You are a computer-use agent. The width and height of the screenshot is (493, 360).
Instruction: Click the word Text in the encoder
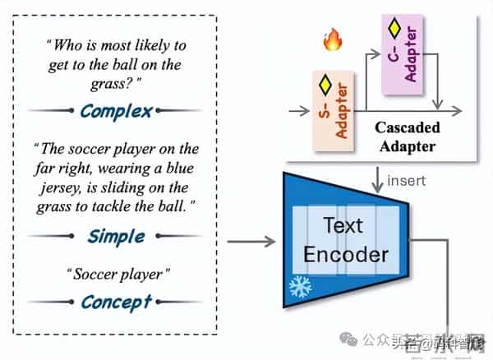coord(343,226)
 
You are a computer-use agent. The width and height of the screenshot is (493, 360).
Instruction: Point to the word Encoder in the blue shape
coord(346,253)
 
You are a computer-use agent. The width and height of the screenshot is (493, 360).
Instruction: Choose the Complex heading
coord(117,111)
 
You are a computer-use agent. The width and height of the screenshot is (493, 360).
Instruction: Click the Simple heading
coord(117,237)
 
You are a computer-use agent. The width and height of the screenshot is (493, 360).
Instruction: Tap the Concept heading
coord(116,302)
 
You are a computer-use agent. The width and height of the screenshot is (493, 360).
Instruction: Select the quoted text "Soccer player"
coord(115,271)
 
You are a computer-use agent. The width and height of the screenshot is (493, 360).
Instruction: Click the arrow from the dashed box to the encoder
coord(250,242)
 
